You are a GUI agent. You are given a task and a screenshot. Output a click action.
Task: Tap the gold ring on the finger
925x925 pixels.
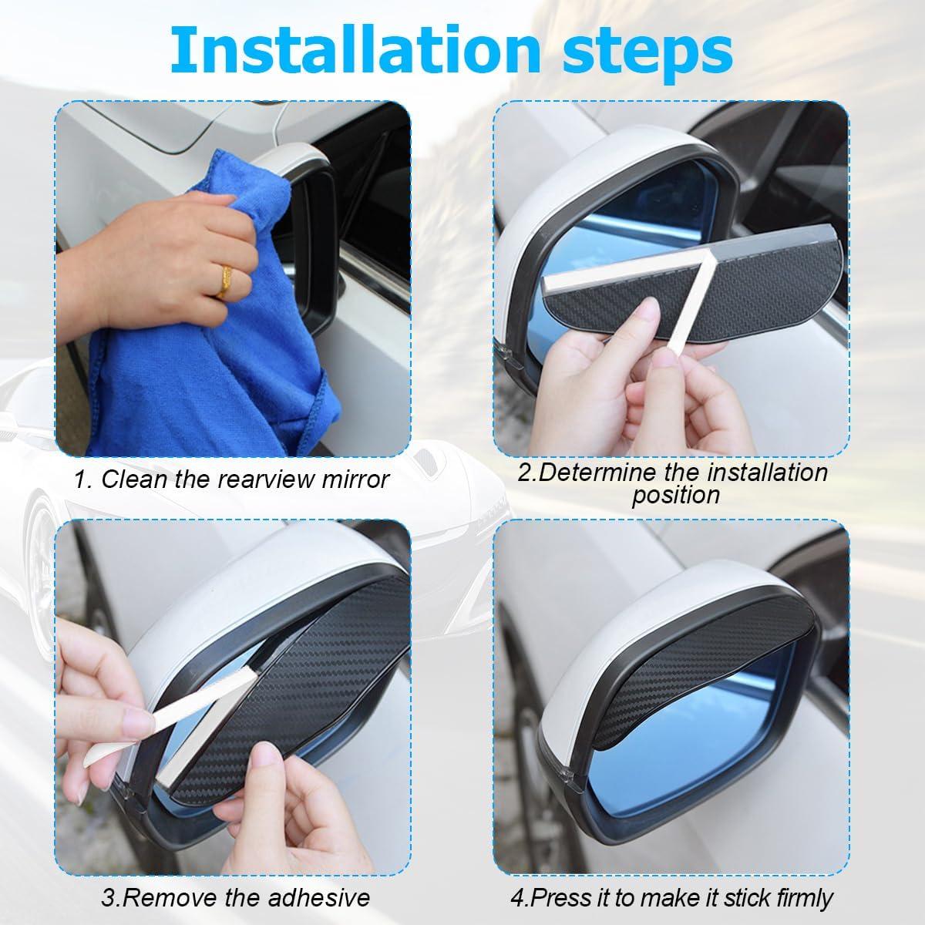pyautogui.click(x=223, y=281)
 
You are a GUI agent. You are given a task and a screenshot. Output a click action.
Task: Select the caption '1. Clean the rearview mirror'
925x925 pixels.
pyautogui.click(x=231, y=479)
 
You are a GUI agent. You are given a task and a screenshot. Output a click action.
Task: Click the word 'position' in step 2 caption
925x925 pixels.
pyautogui.click(x=675, y=495)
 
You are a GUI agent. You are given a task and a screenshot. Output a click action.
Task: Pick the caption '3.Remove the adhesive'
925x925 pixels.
pyautogui.click(x=235, y=897)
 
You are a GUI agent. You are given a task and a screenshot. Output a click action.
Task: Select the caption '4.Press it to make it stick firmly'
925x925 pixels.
pyautogui.click(x=671, y=897)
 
